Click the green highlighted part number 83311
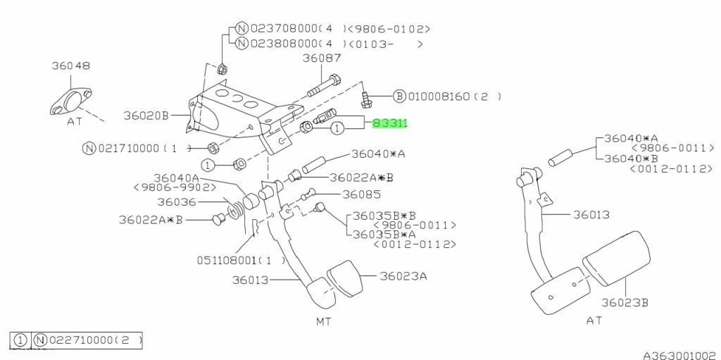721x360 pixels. pos(390,123)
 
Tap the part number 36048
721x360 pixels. pos(71,66)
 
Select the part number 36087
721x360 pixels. pos(322,58)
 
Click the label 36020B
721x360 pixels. pos(146,116)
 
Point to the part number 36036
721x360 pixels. pos(177,201)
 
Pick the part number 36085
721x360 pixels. pos(361,194)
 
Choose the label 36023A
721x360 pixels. pos(403,276)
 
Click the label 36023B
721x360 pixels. pos(625,302)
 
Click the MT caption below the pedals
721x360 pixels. pos(324,321)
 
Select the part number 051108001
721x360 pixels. pos(227,260)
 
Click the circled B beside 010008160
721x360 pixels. pos(400,97)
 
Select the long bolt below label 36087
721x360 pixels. pos(323,87)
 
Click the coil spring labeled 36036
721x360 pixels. pos(234,209)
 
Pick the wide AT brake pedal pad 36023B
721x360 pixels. pos(617,257)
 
